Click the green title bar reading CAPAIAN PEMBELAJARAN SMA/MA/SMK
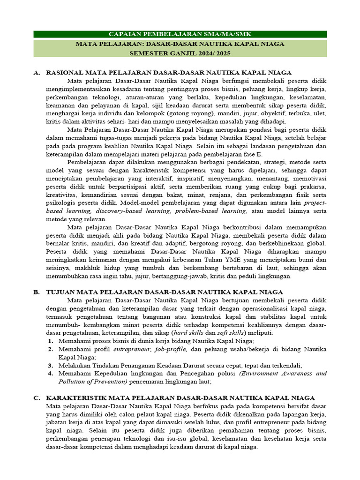[x=180, y=35]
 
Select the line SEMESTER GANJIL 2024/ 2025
[x=180, y=53]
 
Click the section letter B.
[x=36, y=292]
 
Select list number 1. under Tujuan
[x=50, y=341]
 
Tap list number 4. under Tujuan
[x=50, y=374]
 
